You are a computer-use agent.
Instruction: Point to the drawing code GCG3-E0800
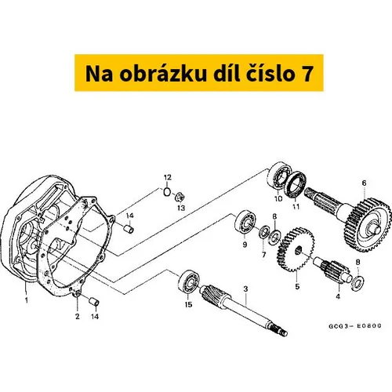(355, 326)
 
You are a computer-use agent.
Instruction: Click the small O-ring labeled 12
(167, 192)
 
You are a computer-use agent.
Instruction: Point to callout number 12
(168, 177)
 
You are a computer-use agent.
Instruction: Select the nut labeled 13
(180, 197)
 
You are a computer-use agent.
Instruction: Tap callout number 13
(181, 208)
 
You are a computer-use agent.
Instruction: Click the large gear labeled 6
(368, 225)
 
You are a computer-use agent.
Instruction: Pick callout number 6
(365, 183)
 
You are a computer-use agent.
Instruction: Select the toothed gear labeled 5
(296, 249)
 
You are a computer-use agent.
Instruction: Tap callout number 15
(188, 305)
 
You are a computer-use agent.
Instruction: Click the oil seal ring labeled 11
(296, 186)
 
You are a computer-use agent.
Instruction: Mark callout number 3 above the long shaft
(245, 289)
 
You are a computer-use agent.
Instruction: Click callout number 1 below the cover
(27, 300)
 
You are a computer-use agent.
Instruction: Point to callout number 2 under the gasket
(78, 317)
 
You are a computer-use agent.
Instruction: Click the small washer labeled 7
(263, 231)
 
